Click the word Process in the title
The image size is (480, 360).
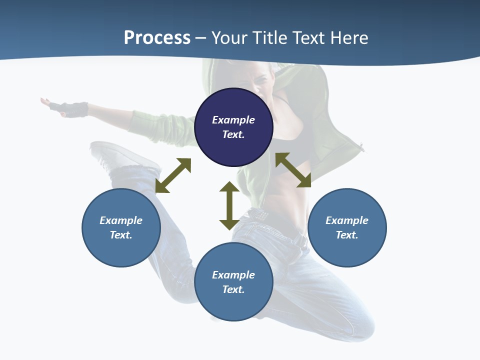coord(157,38)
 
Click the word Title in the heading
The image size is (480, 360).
coord(270,38)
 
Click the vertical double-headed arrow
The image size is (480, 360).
coord(229,205)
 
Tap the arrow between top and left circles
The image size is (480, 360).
coord(173,175)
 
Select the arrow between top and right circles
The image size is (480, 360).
coord(293,170)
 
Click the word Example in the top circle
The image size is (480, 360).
coord(233,120)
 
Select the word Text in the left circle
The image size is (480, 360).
coord(121,235)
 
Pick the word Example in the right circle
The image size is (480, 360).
coord(347,220)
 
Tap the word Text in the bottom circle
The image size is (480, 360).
coord(233,289)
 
